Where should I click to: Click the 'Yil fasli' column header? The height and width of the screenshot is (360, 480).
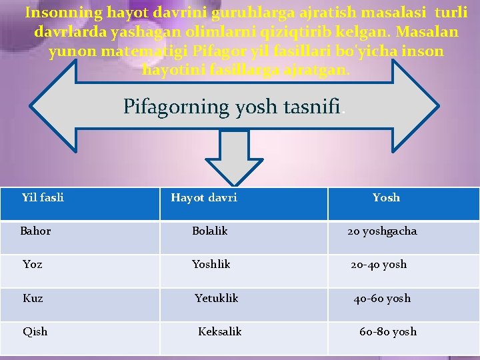point(43,197)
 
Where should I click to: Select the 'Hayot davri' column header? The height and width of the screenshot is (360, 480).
point(204,197)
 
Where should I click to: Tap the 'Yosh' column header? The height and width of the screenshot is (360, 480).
point(386,197)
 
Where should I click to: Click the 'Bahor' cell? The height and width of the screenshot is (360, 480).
point(35,231)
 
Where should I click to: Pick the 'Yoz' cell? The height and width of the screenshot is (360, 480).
point(32,265)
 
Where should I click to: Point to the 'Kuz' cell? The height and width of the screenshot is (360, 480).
point(33,299)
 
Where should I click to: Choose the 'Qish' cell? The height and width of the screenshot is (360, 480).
point(35,332)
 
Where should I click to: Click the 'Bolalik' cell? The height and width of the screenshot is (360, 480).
point(209,231)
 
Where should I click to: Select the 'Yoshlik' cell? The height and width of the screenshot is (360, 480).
point(211,265)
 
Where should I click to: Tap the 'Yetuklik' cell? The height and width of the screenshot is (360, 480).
point(216,299)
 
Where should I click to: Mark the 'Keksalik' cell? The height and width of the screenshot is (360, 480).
point(219,332)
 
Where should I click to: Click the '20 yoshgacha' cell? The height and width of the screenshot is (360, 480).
point(381,231)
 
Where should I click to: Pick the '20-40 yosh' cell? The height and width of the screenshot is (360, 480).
point(379,265)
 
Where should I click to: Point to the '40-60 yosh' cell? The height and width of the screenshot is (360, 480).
point(382,299)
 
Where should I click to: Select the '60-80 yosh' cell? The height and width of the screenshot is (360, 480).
point(387,332)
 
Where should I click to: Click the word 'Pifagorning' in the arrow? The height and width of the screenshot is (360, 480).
point(175,107)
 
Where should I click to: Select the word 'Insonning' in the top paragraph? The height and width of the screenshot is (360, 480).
point(63,13)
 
